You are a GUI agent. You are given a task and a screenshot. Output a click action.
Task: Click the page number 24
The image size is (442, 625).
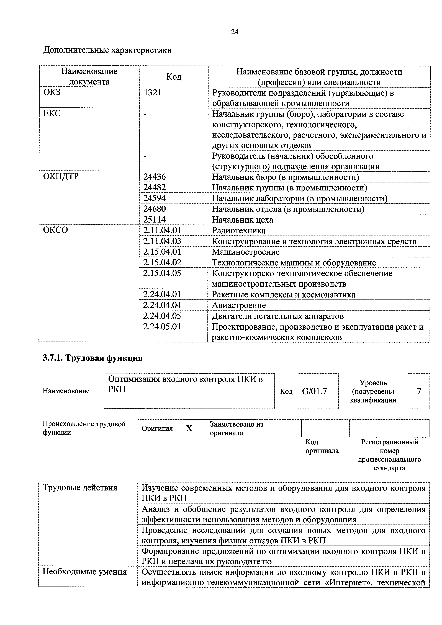point(235,32)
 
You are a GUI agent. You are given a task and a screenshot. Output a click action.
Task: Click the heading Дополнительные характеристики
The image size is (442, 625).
point(108,50)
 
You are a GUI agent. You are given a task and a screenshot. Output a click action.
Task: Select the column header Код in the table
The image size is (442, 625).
point(174,77)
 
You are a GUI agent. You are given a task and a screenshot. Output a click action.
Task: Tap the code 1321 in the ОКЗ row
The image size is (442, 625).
point(153,92)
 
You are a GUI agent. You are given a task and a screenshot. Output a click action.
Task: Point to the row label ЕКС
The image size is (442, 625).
point(52,113)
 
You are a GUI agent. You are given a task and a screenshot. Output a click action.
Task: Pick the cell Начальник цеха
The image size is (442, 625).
point(242,220)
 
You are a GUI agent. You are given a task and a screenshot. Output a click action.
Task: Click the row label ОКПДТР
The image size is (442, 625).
point(61,176)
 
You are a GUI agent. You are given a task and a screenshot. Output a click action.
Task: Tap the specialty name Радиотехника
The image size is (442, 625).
point(239,231)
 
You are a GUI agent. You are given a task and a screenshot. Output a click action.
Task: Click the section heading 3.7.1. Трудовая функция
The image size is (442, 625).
point(93,358)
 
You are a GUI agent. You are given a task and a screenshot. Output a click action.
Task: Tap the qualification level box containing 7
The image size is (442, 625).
point(419,391)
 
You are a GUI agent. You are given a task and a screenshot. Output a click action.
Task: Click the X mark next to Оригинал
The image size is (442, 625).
point(189,429)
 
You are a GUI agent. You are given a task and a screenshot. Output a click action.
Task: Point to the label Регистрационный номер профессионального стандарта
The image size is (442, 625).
point(389,455)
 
